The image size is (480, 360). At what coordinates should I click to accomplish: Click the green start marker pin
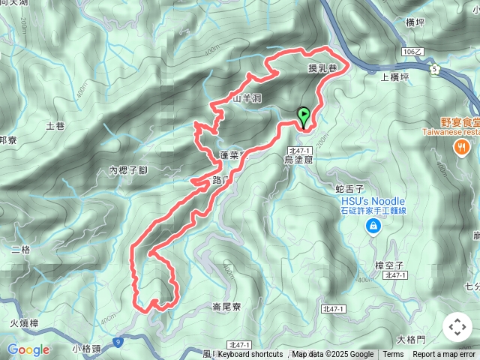pyautogui.click(x=304, y=117)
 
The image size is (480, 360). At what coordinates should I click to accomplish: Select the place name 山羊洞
pyautogui.click(x=246, y=98)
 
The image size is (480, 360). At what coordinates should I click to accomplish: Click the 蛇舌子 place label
pyautogui.click(x=350, y=188)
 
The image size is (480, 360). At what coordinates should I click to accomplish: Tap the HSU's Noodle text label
pyautogui.click(x=373, y=201)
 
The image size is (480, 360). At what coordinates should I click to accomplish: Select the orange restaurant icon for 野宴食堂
pyautogui.click(x=459, y=148)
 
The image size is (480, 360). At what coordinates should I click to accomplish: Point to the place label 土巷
pyautogui.click(x=55, y=126)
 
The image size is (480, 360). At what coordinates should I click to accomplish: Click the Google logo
pyautogui.click(x=28, y=349)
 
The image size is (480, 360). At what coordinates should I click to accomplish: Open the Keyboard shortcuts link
pyautogui.click(x=250, y=355)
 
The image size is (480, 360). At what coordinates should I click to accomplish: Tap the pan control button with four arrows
pyautogui.click(x=457, y=327)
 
